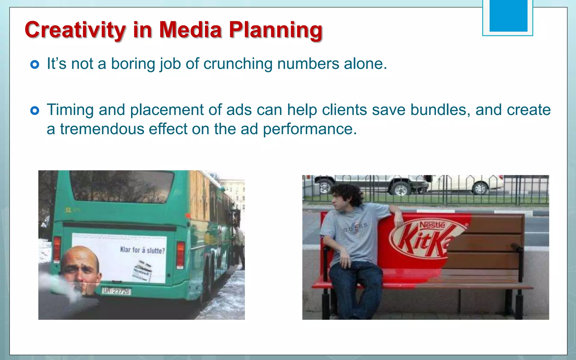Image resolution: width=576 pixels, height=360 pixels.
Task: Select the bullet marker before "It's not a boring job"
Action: coord(35,65)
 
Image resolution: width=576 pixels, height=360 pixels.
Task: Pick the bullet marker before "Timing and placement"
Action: coord(35,111)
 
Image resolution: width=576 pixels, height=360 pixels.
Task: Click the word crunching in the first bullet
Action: coord(238,64)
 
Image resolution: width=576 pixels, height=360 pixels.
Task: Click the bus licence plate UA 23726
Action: coord(116,291)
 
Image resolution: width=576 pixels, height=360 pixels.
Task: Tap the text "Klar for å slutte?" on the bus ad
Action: coord(142,250)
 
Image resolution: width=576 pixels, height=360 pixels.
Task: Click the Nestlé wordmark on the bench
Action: coord(432,225)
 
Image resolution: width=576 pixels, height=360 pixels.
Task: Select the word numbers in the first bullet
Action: coord(308,64)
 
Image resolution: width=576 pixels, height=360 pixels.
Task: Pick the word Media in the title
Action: coord(191,30)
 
